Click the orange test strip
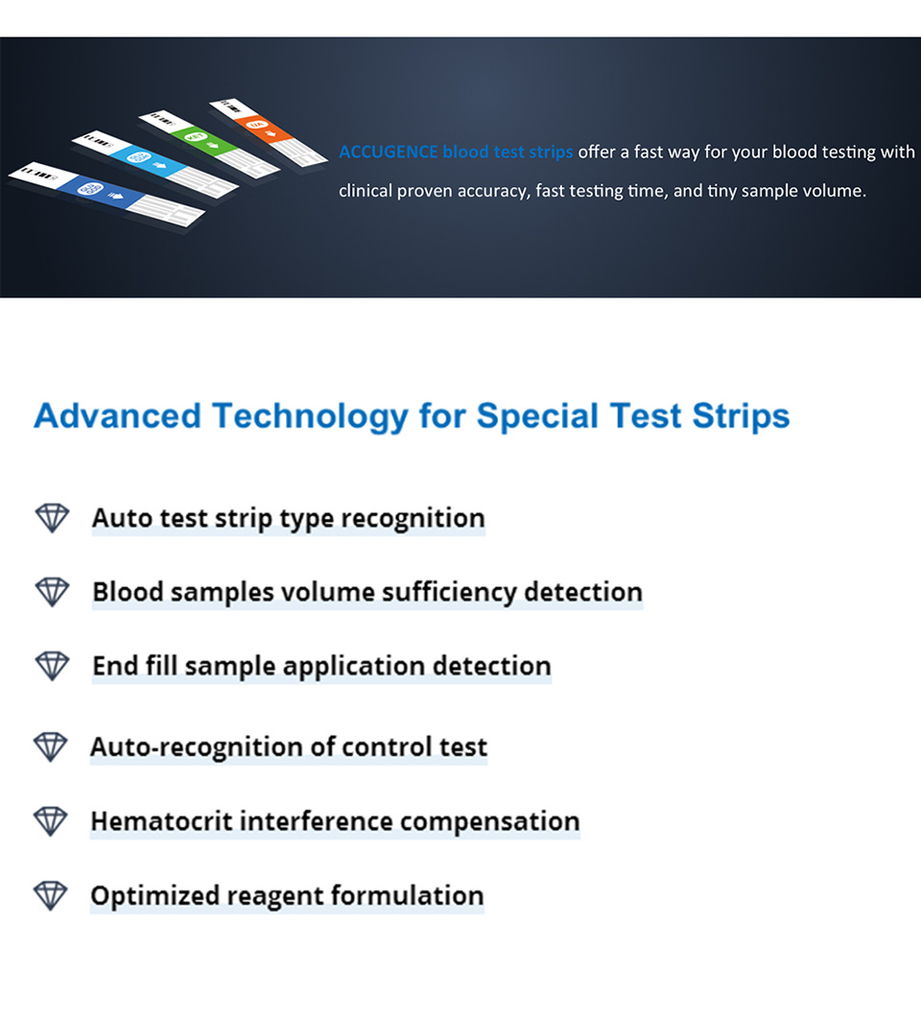pyautogui.click(x=269, y=132)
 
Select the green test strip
pyautogui.click(x=209, y=145)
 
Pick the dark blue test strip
pyautogui.click(x=106, y=195)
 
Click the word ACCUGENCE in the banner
pyautogui.click(x=389, y=152)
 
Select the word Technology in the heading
pyautogui.click(x=310, y=416)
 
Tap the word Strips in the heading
pyautogui.click(x=741, y=416)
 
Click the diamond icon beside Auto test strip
pyautogui.click(x=53, y=517)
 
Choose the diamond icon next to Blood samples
pyautogui.click(x=53, y=592)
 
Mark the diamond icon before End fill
pyautogui.click(x=53, y=666)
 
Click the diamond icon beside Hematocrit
pyautogui.click(x=51, y=821)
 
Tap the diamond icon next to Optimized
pyautogui.click(x=51, y=895)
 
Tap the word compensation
pyautogui.click(x=490, y=822)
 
